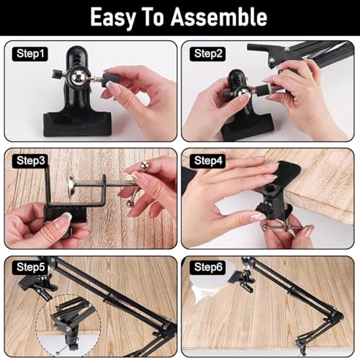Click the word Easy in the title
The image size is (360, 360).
click(x=112, y=18)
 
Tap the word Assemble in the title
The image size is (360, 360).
click(x=219, y=17)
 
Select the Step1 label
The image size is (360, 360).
click(x=30, y=54)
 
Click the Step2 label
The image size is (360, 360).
click(x=208, y=54)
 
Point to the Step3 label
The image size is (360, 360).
click(x=30, y=161)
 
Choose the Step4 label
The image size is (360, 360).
click(x=208, y=161)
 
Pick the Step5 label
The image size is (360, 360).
click(x=30, y=267)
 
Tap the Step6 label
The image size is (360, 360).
click(x=208, y=267)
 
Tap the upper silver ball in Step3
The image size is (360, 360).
click(x=144, y=165)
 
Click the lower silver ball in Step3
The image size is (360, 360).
click(x=130, y=203)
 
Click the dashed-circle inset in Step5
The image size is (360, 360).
click(x=68, y=326)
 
